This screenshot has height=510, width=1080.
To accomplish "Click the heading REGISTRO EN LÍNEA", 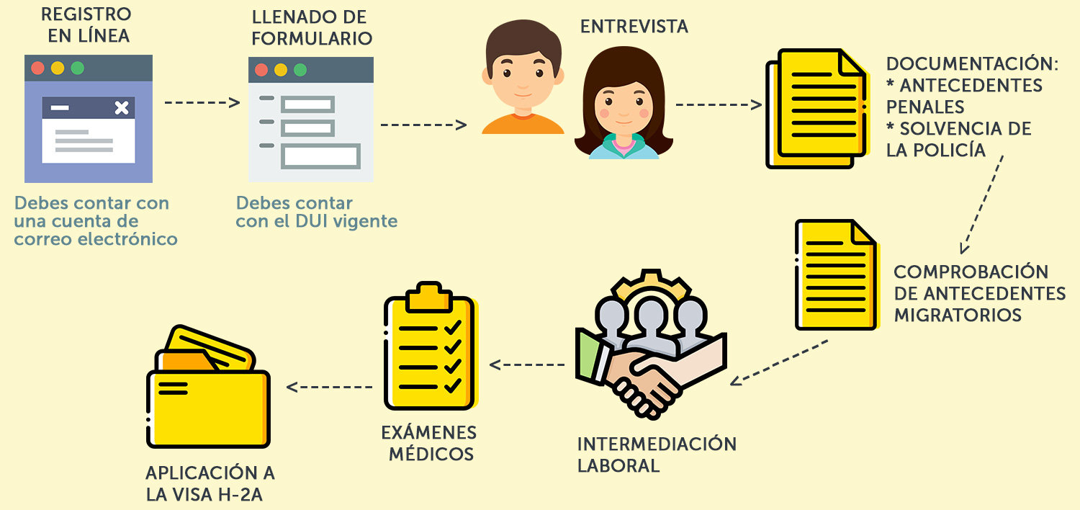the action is pos(86,25).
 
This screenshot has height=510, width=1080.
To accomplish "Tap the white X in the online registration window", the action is pos(122,107).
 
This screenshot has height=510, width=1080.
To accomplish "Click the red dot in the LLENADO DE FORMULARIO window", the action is pos(261,70).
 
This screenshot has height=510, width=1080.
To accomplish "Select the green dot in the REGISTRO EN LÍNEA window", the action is pos(78,68).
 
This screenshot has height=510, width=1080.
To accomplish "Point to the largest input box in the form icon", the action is pos(320,156).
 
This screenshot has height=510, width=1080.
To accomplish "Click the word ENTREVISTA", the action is pos(634,27).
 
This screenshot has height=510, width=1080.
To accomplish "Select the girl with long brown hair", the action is pos(624,103).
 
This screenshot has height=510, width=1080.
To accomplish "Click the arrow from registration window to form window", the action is pos(202,102).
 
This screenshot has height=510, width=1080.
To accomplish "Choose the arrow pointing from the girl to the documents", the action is pos(719,104).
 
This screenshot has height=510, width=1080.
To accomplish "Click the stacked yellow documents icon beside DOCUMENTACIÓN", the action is pos(816,109).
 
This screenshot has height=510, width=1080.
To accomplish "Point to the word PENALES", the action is pos(925,107).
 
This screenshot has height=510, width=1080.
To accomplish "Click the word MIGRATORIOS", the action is pos(958,315).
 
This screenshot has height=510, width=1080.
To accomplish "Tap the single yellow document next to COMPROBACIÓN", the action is pos(836,275).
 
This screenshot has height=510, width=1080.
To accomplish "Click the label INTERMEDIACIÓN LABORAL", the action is pos(657,455).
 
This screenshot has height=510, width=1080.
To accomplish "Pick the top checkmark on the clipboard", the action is pos(453,328).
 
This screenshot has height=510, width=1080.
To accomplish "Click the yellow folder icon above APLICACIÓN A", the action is pos(208,386).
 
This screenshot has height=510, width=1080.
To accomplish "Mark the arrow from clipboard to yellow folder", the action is pos(329,387).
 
